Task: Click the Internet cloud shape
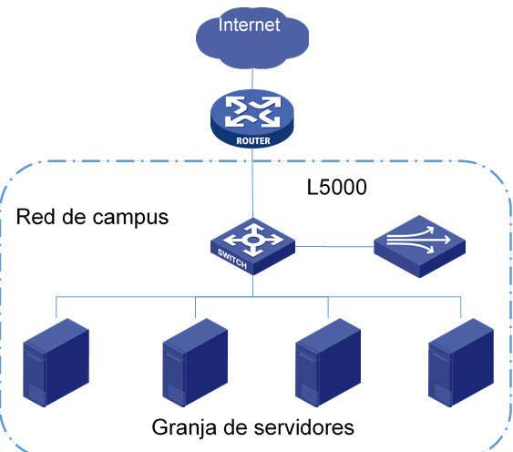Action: tap(252, 37)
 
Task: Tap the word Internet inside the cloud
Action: tap(249, 25)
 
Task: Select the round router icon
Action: tap(252, 118)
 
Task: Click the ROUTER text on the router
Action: tap(253, 141)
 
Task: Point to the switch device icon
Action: tap(253, 246)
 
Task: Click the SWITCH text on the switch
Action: tap(232, 259)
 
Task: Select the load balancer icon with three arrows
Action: tap(420, 246)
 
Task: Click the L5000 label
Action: tap(336, 187)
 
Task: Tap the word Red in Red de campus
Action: tap(36, 217)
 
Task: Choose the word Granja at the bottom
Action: tap(184, 427)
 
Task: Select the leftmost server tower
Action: tap(56, 363)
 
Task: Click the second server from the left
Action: tap(195, 363)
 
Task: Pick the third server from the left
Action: tap(328, 363)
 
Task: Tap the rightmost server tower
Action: tap(461, 363)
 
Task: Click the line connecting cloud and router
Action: tap(252, 79)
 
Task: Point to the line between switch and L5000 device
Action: tap(334, 246)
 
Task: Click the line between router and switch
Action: tap(252, 183)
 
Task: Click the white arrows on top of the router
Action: tap(252, 112)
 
